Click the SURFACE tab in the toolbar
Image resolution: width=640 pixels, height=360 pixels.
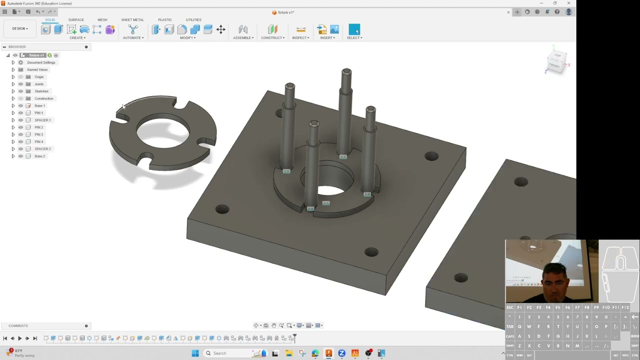[76, 19]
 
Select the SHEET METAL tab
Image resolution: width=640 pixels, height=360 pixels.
[132, 19]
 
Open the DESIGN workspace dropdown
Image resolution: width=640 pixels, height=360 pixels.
[20, 28]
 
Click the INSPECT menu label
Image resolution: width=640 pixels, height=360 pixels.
[300, 38]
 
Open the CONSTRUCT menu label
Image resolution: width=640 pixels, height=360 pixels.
[272, 38]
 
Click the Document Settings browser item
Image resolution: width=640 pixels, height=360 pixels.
[41, 62]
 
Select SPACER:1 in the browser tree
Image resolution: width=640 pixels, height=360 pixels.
[42, 120]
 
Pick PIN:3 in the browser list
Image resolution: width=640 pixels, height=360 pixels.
[38, 134]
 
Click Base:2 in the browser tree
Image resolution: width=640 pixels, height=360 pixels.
[39, 156]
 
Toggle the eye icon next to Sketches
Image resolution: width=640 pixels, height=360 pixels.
[20, 91]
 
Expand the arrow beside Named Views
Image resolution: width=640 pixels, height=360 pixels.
[13, 69]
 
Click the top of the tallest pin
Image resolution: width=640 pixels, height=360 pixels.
[346, 72]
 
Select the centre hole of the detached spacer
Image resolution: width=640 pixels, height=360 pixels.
[163, 132]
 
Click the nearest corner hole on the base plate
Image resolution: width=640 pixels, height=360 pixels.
[371, 252]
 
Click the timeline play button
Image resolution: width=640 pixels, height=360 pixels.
[20, 338]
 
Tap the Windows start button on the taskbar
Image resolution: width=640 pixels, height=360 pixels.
[195, 353]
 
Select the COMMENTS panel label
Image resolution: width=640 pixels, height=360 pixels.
[18, 325]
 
